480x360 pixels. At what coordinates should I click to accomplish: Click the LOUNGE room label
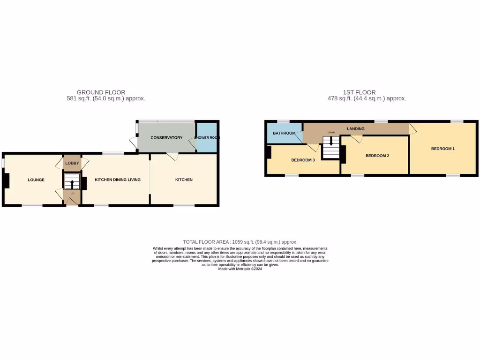(36, 180)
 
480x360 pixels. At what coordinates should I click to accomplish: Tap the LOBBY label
(72, 163)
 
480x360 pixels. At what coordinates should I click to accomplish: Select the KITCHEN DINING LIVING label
(118, 180)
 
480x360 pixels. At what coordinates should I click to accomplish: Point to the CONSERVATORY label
(166, 138)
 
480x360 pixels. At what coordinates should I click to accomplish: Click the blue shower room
(207, 137)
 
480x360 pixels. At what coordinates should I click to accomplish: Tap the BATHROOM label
(284, 133)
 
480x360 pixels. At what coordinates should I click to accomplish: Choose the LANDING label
(355, 128)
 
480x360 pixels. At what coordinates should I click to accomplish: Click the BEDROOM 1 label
(443, 149)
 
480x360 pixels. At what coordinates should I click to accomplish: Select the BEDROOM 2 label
(377, 156)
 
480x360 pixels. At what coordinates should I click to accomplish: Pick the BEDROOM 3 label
(303, 160)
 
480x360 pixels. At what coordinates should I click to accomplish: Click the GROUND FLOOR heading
(101, 92)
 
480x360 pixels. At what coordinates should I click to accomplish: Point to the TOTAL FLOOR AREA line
(240, 242)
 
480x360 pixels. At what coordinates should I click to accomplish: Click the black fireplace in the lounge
(6, 181)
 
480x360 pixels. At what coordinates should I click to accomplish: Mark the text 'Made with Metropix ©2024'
(240, 269)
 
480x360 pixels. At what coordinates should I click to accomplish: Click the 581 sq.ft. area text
(106, 99)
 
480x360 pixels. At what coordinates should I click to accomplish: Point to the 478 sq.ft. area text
(367, 99)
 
